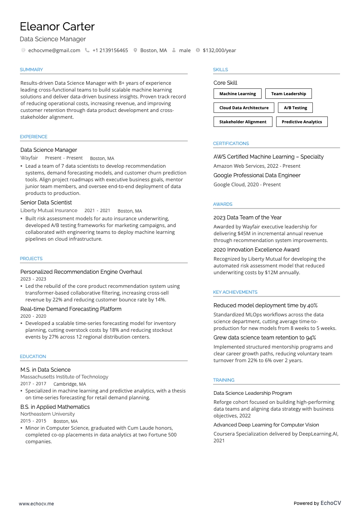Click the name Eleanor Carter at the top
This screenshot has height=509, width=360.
(x=57, y=27)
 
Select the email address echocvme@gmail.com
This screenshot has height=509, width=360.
(x=54, y=50)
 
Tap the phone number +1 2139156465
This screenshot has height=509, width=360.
(x=110, y=50)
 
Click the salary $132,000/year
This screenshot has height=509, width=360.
(x=219, y=50)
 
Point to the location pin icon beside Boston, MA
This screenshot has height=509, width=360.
(x=135, y=50)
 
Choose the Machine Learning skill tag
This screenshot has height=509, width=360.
(x=238, y=94)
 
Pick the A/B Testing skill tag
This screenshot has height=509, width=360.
(x=295, y=108)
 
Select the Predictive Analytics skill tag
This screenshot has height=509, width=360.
(x=302, y=122)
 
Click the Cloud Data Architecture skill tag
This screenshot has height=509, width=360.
(x=244, y=108)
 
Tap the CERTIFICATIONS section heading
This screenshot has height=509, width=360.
(x=231, y=144)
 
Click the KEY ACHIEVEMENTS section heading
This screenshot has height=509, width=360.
(x=235, y=292)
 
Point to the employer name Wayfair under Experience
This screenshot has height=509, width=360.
(x=29, y=158)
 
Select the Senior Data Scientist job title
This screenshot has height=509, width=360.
(x=46, y=203)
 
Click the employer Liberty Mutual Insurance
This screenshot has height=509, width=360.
(x=49, y=211)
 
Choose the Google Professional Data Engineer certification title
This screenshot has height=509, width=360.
(x=257, y=175)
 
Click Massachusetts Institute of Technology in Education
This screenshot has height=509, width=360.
(x=64, y=377)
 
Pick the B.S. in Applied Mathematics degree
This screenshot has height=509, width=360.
(x=55, y=407)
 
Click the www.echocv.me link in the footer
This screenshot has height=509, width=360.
(x=36, y=504)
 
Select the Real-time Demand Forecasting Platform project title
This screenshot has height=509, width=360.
(x=71, y=309)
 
